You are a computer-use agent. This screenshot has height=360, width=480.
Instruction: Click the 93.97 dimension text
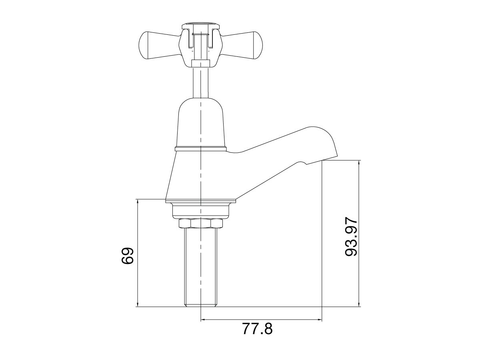(351, 238)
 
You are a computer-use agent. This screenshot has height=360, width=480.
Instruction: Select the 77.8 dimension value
(257, 329)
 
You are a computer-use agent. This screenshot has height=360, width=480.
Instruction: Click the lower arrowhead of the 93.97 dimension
(359, 304)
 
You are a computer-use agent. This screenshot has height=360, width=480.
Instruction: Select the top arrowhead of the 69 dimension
(138, 202)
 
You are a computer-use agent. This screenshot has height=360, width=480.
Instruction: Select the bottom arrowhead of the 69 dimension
(138, 304)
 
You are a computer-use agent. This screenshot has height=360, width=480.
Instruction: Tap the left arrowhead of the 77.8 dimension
(203, 320)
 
